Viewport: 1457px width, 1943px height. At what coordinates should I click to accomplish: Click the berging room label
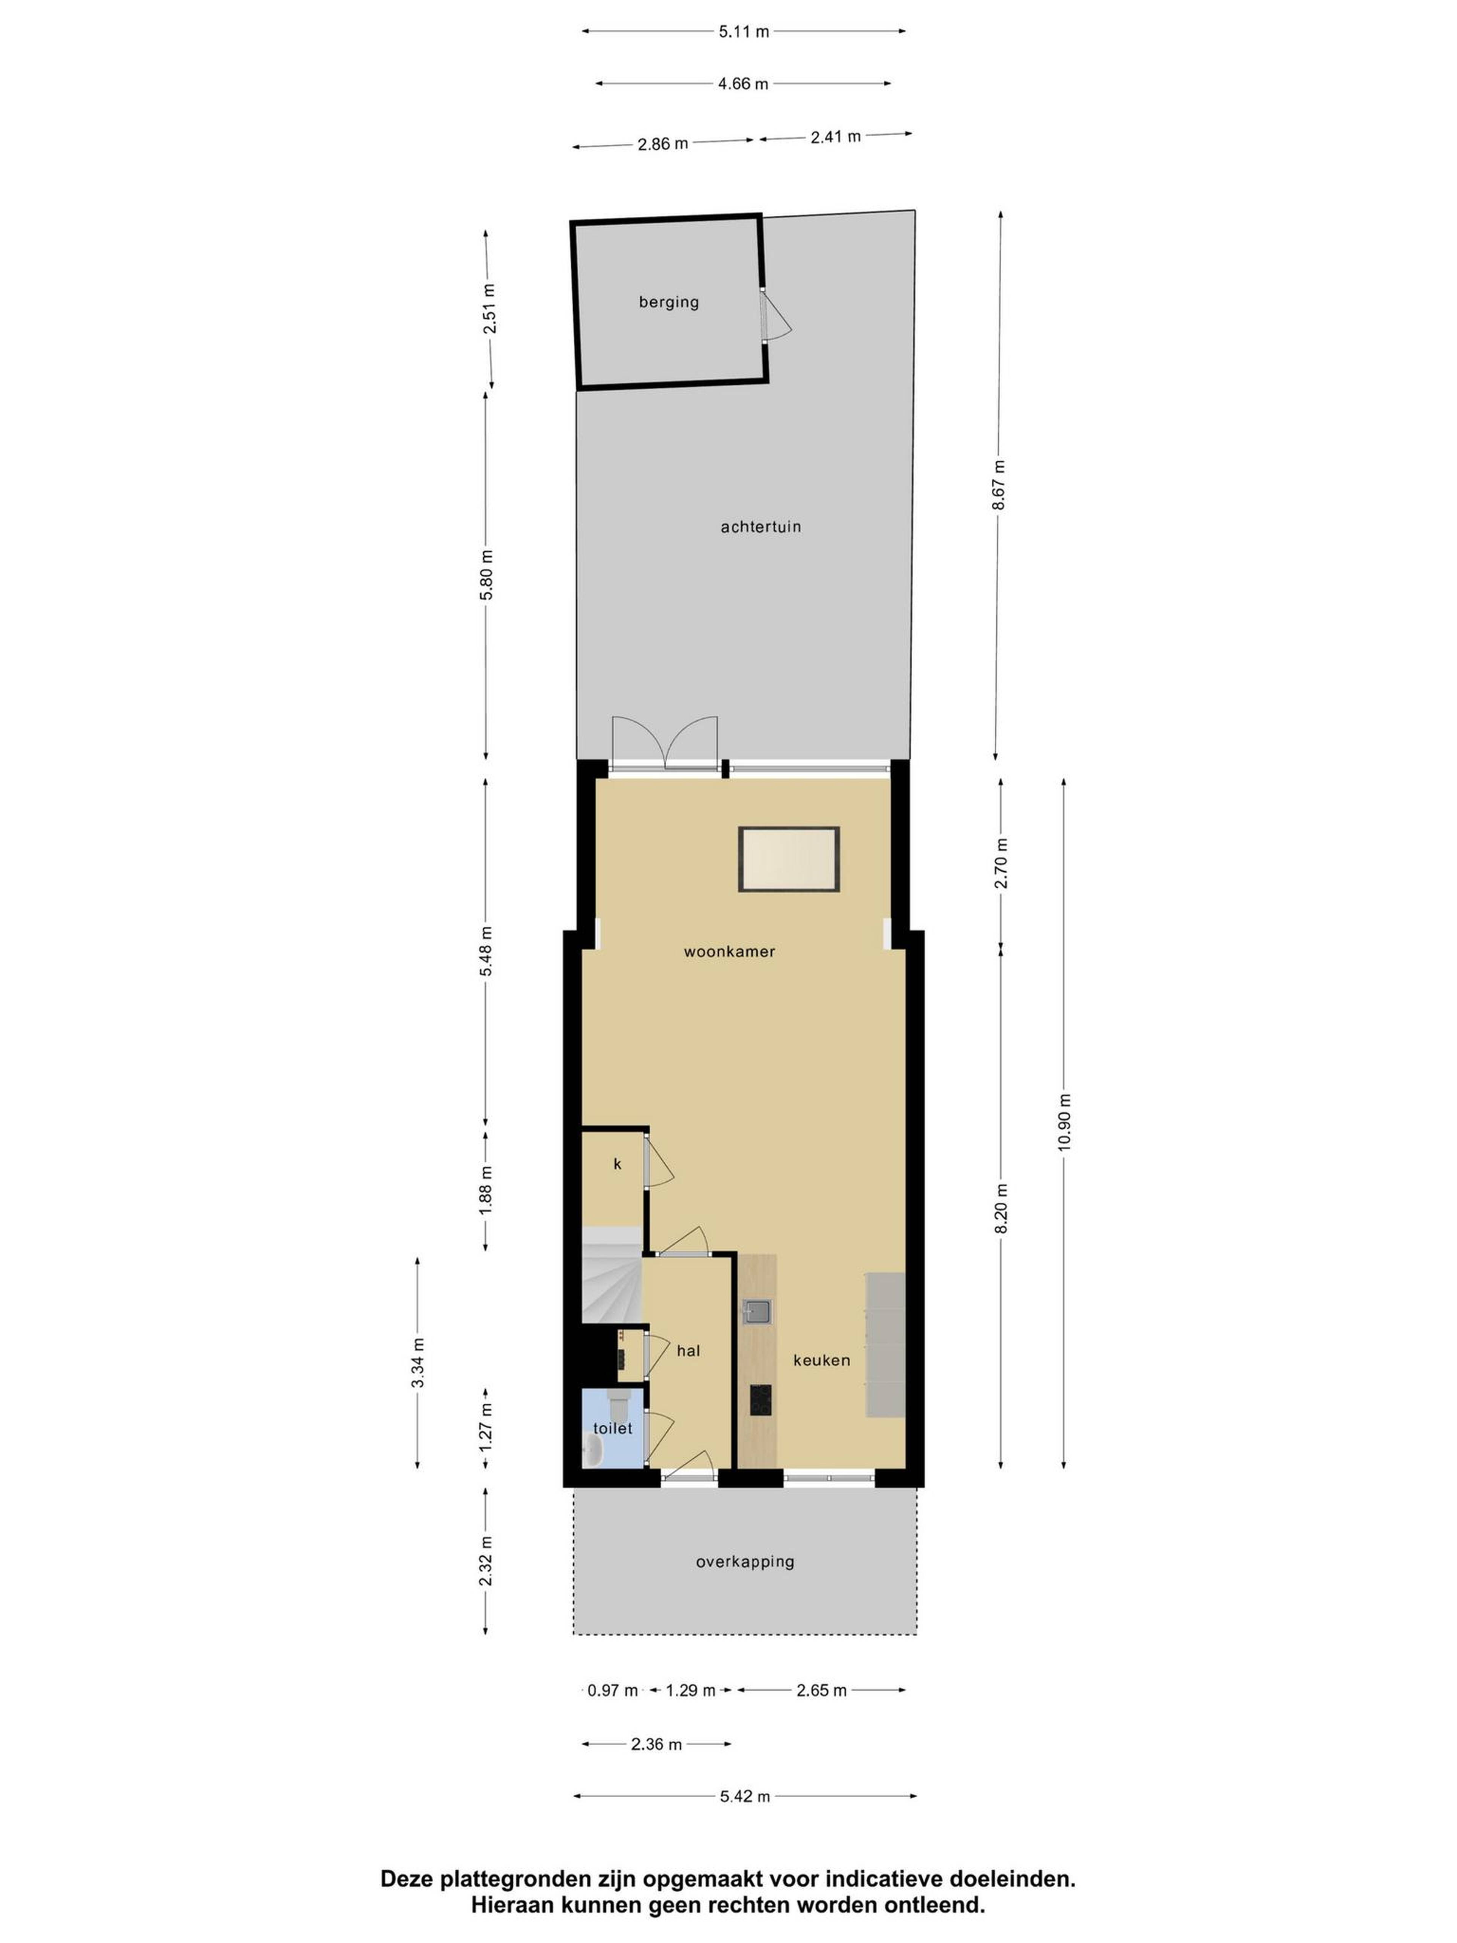668,302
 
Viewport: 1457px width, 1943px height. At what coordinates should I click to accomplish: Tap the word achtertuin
760,527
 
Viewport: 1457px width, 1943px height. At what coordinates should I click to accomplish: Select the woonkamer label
729,951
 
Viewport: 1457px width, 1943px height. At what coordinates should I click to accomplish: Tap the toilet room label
612,1428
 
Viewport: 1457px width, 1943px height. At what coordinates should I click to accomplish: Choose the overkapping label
745,1562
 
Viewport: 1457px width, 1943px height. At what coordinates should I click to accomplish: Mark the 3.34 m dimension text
418,1362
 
